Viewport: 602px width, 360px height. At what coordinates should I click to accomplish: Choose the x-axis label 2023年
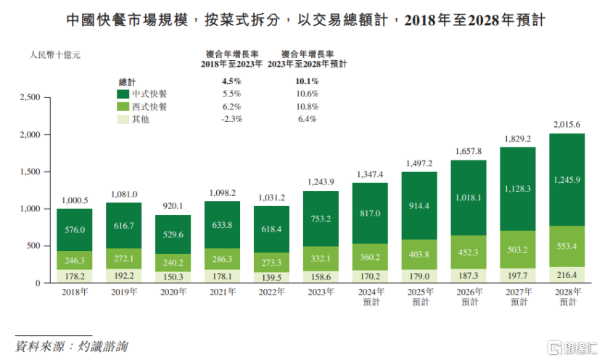321,292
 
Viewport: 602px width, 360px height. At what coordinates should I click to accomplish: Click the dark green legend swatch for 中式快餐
123,94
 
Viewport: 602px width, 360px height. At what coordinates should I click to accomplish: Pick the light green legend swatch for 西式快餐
123,106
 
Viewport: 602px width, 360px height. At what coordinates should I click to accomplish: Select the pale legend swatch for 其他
123,118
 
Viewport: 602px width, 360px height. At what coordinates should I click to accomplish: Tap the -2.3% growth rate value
231,119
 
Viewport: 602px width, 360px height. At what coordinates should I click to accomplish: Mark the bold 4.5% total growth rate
231,81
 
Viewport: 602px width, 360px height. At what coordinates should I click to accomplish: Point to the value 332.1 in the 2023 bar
321,259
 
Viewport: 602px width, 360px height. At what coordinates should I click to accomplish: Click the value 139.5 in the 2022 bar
271,277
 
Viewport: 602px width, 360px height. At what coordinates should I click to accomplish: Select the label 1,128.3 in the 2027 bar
518,189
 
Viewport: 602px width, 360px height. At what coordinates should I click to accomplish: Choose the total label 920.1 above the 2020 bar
173,205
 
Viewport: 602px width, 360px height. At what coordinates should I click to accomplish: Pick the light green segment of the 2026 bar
469,252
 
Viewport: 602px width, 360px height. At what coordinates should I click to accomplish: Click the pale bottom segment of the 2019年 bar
123,276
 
